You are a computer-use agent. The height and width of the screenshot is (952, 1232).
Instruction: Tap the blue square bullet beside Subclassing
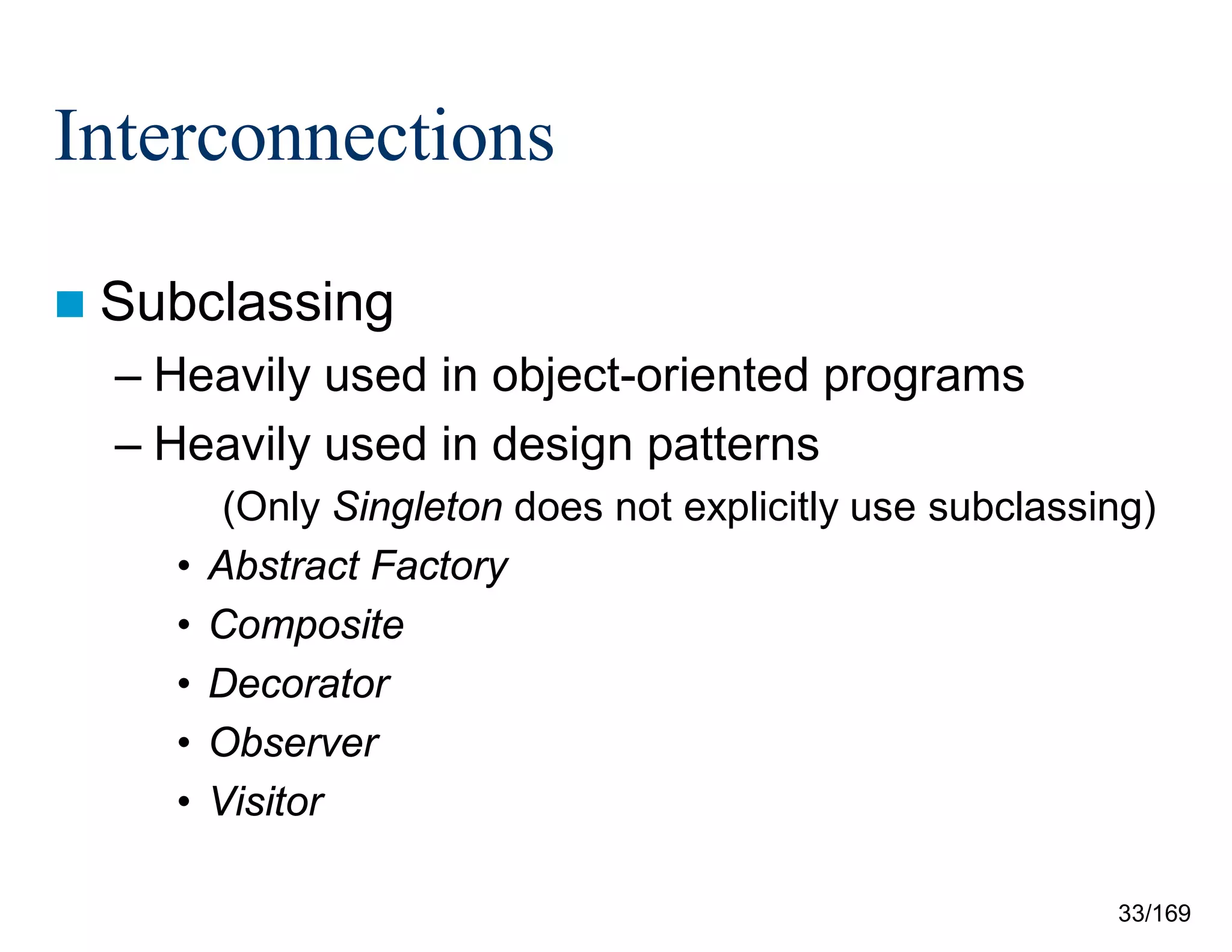click(x=70, y=304)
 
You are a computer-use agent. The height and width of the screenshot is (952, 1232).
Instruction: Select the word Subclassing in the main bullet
click(x=247, y=303)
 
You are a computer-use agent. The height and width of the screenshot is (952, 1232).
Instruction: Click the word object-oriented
click(x=650, y=376)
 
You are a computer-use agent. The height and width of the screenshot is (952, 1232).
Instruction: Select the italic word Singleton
click(x=417, y=507)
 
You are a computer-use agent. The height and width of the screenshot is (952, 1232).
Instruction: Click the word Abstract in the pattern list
click(x=284, y=566)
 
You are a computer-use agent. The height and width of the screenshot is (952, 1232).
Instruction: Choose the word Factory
click(x=440, y=567)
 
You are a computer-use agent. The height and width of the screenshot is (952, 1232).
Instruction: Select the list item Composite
click(x=306, y=625)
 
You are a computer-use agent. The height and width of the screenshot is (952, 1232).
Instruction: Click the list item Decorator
click(x=299, y=684)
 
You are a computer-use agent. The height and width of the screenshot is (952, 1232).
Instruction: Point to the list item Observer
click(x=294, y=743)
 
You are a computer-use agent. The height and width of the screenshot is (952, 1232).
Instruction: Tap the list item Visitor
click(x=266, y=802)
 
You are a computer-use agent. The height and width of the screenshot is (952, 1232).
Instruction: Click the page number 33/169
click(x=1154, y=913)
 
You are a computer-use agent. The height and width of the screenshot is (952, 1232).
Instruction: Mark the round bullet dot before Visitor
click(x=184, y=802)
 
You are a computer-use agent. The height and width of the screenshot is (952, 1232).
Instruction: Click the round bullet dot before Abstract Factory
click(x=184, y=566)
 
